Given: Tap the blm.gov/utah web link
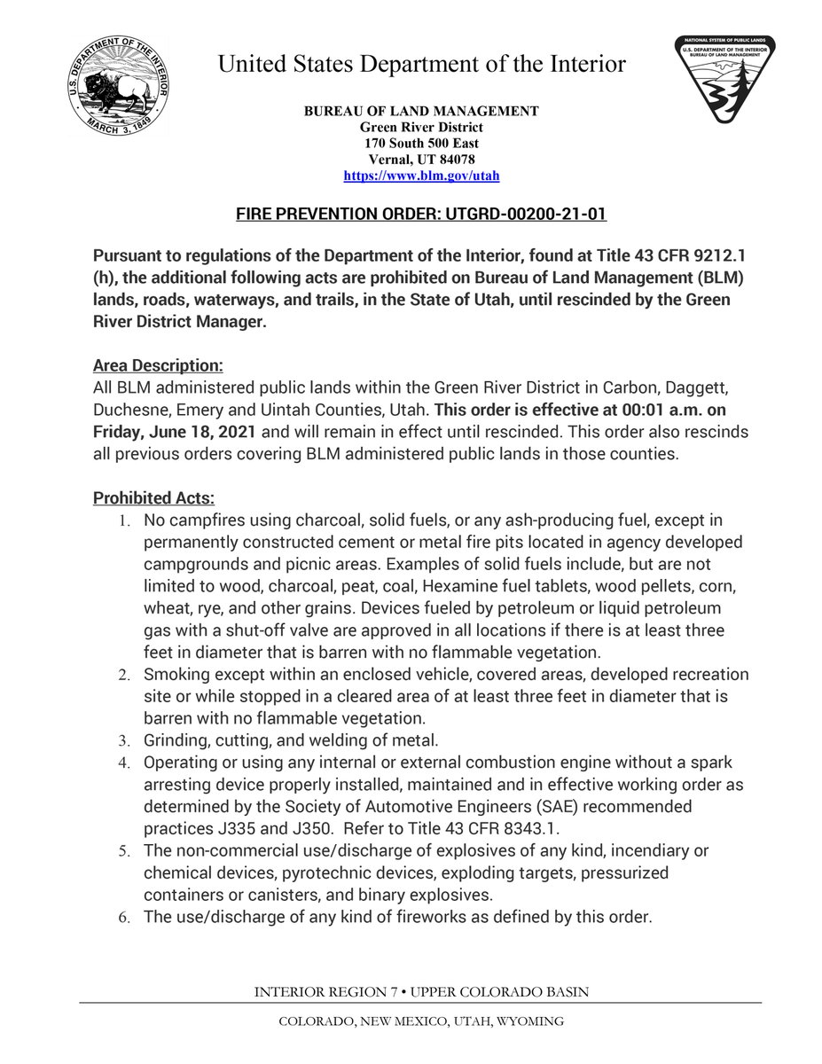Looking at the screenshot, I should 421,176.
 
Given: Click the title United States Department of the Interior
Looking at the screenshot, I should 421,64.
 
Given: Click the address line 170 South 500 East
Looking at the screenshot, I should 421,143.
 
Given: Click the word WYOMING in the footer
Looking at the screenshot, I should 529,1021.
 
